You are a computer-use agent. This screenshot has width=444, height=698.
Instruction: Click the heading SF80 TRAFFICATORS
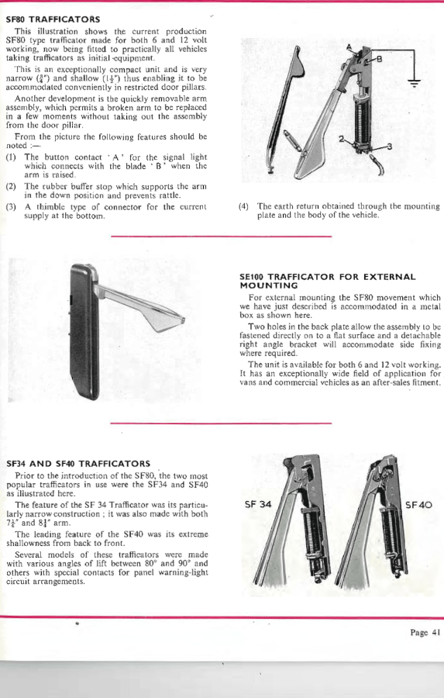(53, 19)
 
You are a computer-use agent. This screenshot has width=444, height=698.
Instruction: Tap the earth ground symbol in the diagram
(415, 83)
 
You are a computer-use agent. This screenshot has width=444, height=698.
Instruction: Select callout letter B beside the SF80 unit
(380, 58)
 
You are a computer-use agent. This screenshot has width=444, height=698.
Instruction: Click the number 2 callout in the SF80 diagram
(341, 139)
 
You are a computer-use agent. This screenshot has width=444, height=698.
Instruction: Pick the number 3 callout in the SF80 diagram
(389, 147)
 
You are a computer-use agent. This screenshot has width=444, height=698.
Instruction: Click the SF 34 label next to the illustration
(258, 504)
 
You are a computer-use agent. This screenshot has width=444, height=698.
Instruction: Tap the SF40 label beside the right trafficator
(418, 505)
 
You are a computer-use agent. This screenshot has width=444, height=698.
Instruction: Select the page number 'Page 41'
(425, 633)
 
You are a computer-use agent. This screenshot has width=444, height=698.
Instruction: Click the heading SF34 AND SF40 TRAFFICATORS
(78, 464)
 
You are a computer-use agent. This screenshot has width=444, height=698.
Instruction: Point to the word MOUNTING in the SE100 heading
(269, 285)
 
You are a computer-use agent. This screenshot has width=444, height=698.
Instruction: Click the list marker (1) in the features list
(11, 157)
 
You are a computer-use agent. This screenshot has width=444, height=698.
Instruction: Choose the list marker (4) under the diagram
(244, 206)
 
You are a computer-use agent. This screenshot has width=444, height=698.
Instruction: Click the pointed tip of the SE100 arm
(184, 320)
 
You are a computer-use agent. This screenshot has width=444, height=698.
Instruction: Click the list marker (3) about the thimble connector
(11, 207)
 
